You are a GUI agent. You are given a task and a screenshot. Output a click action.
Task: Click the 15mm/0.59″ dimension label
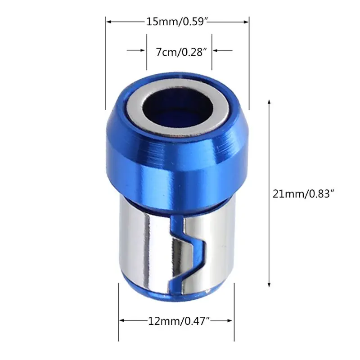pos(177,22)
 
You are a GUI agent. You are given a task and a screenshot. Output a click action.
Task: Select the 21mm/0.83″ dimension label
pos(302,194)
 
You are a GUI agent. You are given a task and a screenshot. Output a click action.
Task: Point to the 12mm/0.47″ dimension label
pos(179,321)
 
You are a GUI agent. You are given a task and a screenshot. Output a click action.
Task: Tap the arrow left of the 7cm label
pos(136,50)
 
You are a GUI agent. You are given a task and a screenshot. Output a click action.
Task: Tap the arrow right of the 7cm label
pos(223,50)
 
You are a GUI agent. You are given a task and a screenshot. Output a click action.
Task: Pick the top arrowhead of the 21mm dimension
pos(269,102)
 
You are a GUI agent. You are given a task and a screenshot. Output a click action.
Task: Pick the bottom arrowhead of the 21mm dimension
pos(269,285)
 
